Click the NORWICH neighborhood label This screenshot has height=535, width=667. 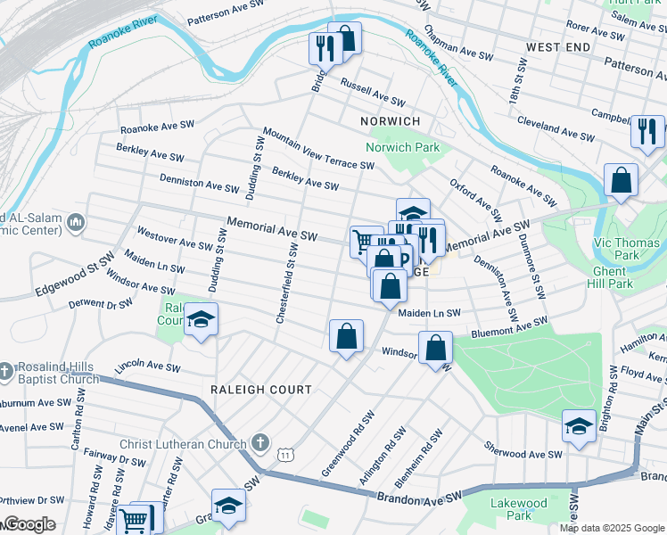(x=390, y=120)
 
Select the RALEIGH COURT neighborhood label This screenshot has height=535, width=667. (x=261, y=390)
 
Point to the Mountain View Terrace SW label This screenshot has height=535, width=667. (x=318, y=147)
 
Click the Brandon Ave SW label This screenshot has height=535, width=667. (x=420, y=496)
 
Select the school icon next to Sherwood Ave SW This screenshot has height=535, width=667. (x=579, y=427)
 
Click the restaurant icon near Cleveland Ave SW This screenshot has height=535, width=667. (x=646, y=131)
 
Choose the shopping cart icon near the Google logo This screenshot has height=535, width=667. (x=134, y=519)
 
